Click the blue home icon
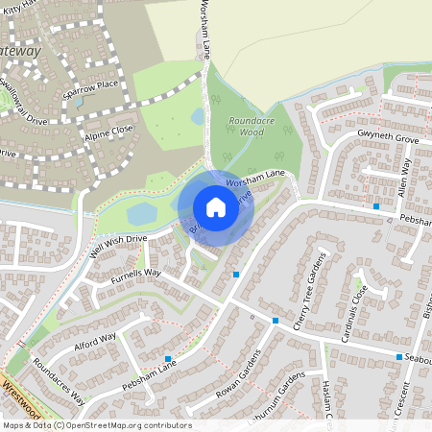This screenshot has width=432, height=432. (216, 206)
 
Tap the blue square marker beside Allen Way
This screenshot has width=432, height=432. (377, 206)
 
